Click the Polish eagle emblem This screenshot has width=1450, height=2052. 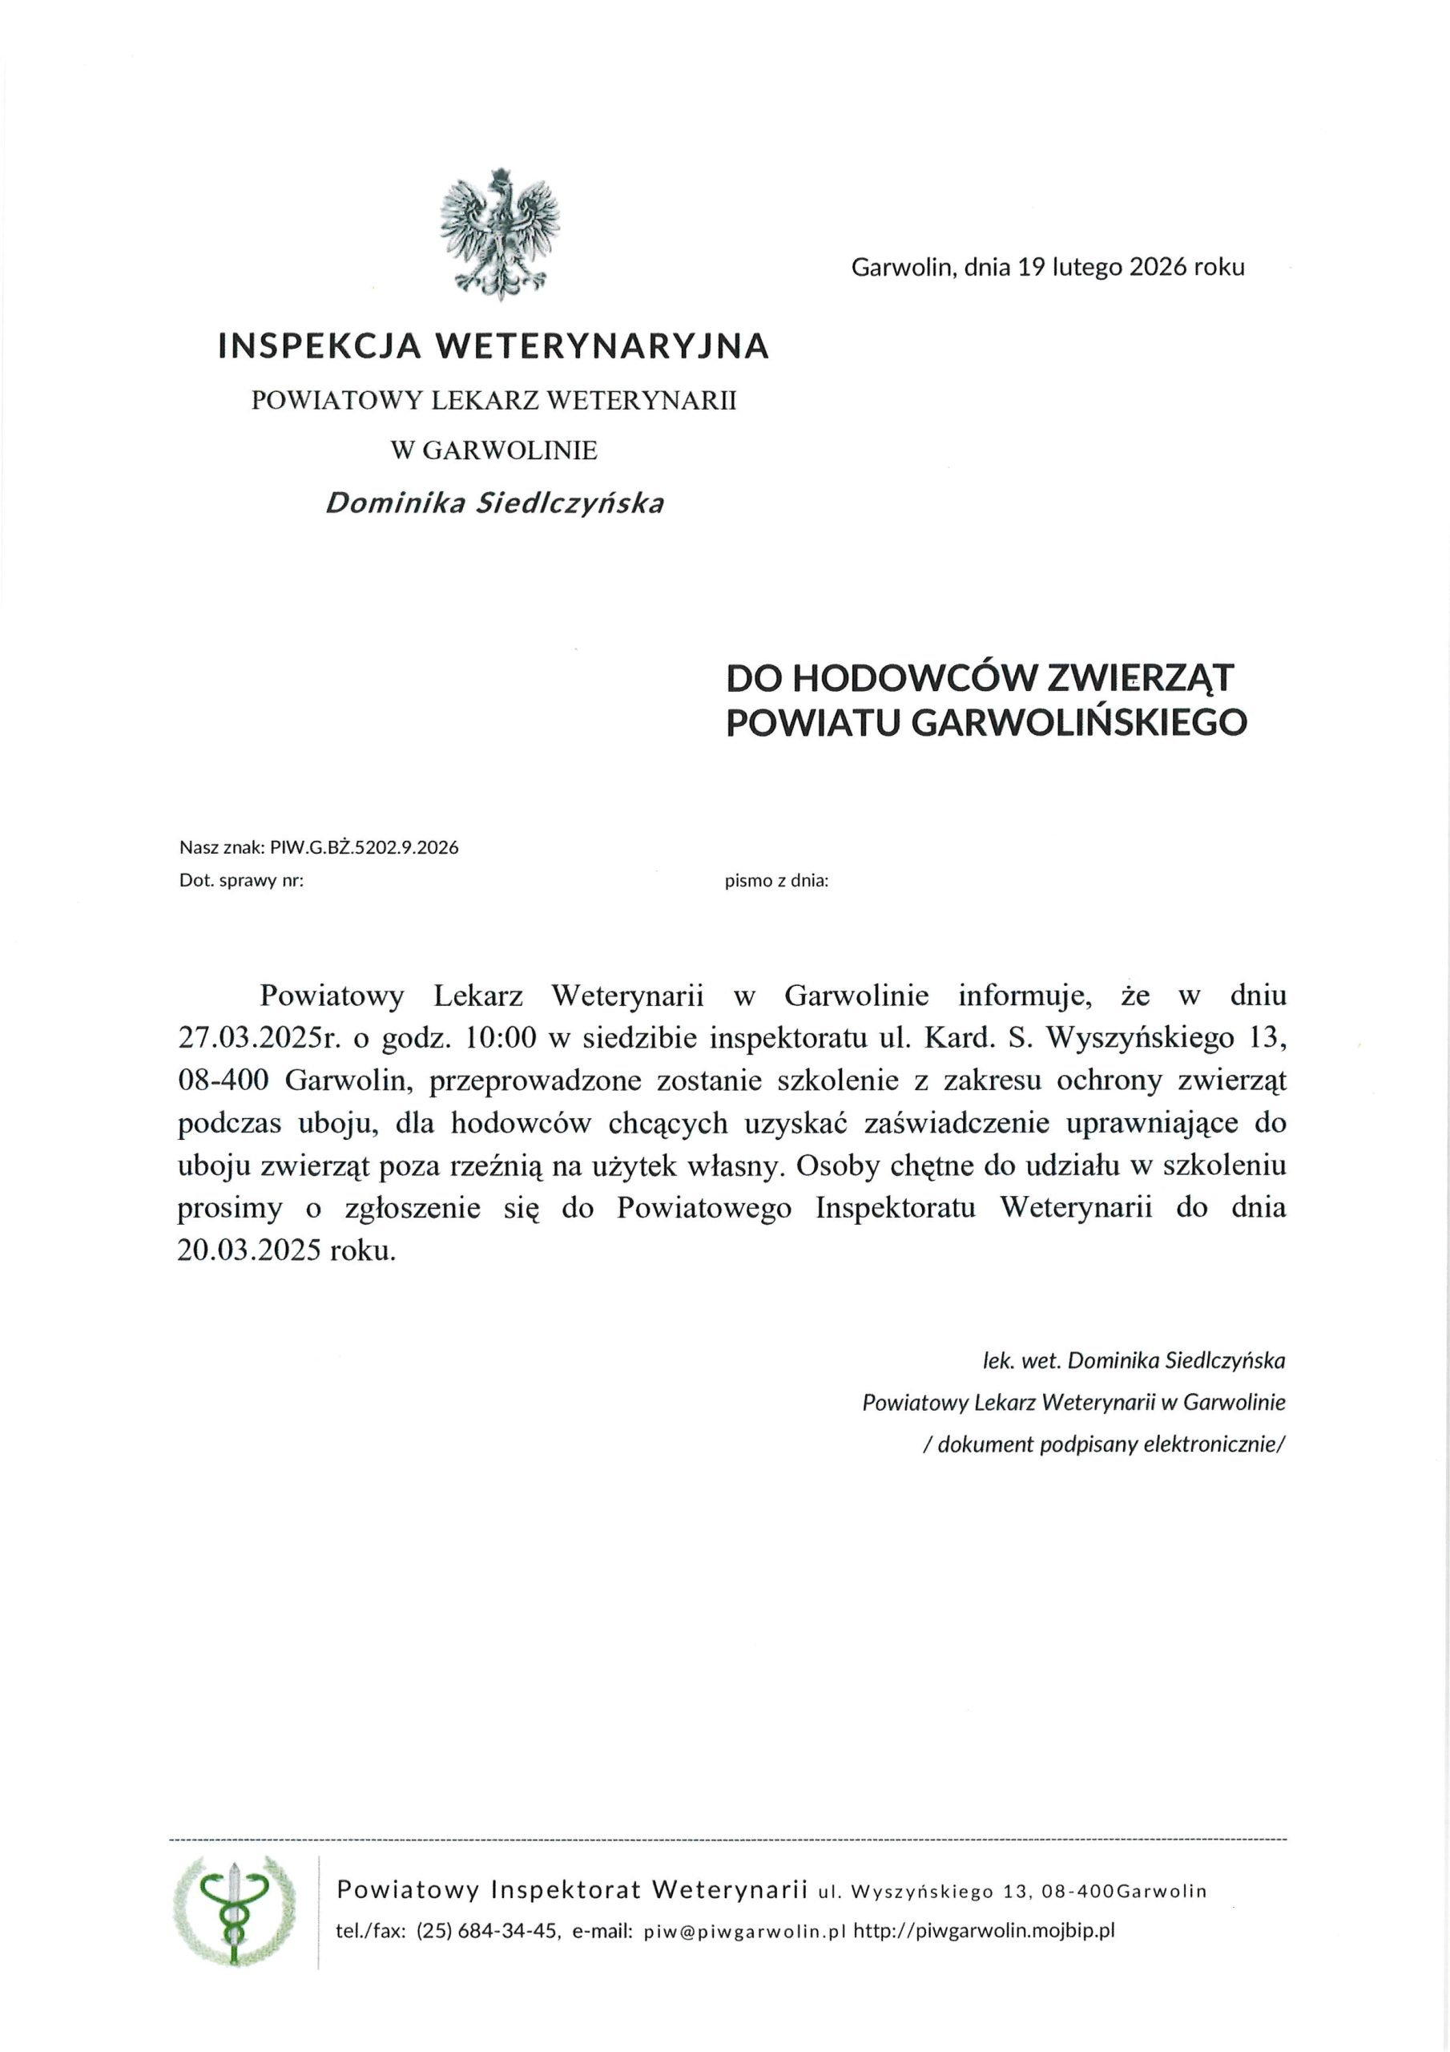tap(499, 234)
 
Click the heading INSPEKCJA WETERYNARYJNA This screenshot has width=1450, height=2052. tap(493, 345)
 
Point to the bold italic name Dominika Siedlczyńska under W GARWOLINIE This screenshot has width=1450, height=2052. tap(494, 504)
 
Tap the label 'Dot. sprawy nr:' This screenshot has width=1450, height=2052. tap(241, 880)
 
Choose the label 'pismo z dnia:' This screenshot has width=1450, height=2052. tap(776, 880)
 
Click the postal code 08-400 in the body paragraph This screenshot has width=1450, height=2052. tap(224, 1081)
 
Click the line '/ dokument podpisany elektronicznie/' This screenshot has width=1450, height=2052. tap(1103, 1444)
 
